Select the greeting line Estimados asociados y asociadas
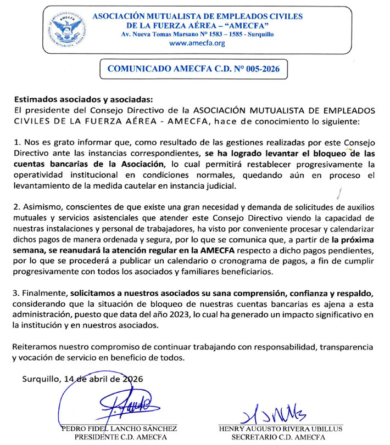tap(82, 100)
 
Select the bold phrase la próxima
tap(353, 239)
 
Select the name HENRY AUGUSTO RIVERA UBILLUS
tap(272, 428)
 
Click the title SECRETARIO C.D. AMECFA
tap(272, 437)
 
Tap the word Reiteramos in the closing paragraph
tap(36, 347)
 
